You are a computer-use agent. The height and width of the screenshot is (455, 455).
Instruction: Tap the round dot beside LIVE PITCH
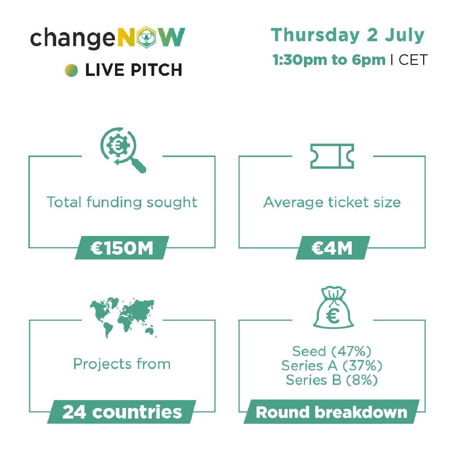tap(71, 70)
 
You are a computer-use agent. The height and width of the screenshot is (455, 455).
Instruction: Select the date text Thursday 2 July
tap(348, 35)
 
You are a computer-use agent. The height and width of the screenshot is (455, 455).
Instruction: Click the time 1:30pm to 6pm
tap(329, 60)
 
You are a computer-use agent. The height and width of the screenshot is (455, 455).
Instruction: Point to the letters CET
tap(413, 60)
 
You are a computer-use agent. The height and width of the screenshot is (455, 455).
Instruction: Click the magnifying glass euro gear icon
tap(123, 150)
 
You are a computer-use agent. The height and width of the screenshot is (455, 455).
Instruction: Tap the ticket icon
tap(332, 156)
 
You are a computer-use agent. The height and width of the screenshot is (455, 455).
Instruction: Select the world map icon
tap(123, 318)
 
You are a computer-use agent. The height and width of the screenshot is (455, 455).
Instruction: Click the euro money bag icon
tap(333, 307)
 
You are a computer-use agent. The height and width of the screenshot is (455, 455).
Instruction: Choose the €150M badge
tap(122, 248)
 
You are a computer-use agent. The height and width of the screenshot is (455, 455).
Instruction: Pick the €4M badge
tap(332, 248)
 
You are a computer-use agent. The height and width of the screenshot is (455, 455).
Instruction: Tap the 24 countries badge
tap(121, 412)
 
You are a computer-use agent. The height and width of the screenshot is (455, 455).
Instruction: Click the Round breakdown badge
tap(331, 412)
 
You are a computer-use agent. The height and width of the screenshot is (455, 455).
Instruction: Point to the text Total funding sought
tap(122, 202)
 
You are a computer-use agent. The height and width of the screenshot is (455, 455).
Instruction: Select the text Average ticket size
tap(332, 202)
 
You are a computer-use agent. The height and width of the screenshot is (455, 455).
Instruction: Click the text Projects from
tap(122, 364)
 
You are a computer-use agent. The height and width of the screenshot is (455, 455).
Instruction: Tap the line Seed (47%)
tap(332, 351)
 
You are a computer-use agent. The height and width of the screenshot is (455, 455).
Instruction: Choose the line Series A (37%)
tap(332, 365)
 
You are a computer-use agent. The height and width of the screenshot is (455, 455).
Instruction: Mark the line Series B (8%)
tap(332, 380)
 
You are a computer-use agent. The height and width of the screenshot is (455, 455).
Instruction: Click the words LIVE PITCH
tap(134, 70)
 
